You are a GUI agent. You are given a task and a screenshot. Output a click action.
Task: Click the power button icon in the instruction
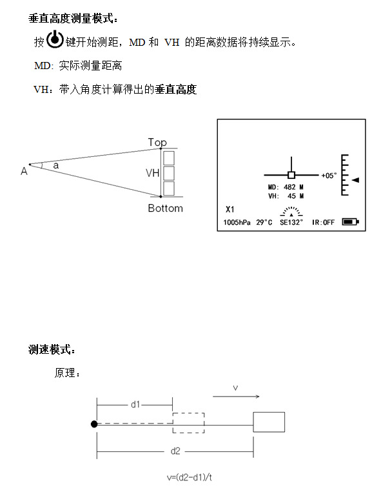[x=55, y=39]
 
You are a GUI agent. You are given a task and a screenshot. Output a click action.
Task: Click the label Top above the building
[x=157, y=142]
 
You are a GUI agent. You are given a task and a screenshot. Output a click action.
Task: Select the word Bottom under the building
[x=165, y=208]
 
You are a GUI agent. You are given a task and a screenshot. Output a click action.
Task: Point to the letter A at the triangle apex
[x=24, y=171]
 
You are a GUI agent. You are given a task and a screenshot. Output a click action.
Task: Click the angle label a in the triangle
[x=55, y=165]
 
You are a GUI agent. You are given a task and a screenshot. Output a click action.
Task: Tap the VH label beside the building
[x=152, y=173]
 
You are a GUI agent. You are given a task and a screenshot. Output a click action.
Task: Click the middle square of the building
[x=169, y=173]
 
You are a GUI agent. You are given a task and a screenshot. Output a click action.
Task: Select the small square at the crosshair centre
[x=291, y=175]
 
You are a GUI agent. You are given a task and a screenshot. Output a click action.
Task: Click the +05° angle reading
[x=329, y=176]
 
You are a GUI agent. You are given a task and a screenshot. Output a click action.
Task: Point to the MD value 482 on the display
[x=289, y=187]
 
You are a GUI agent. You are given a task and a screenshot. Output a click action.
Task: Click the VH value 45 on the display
[x=291, y=196]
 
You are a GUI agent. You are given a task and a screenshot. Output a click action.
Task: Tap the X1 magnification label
[x=230, y=209]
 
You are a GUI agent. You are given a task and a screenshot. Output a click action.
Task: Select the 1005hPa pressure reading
[x=237, y=222]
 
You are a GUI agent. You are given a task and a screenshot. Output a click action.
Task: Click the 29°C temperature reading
[x=264, y=222]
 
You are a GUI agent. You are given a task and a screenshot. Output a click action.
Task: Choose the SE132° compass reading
[x=291, y=222]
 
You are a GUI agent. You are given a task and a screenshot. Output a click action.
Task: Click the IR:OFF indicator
[x=323, y=222]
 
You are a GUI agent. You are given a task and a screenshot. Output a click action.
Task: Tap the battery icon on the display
[x=350, y=221]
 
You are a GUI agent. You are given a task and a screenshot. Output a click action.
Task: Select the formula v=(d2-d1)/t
[x=190, y=477]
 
